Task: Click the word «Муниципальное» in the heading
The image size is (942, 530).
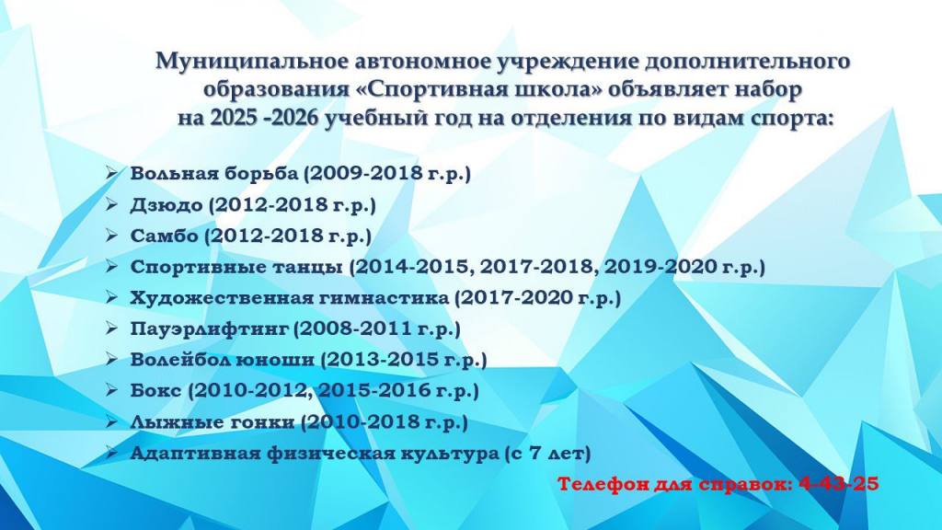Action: click(x=252, y=62)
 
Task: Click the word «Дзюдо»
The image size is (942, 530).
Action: click(x=167, y=205)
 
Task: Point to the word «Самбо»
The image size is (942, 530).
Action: click(x=164, y=236)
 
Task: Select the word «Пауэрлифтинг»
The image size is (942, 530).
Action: click(x=210, y=328)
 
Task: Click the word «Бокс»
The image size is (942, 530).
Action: click(x=155, y=390)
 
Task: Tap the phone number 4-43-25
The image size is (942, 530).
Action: click(x=839, y=483)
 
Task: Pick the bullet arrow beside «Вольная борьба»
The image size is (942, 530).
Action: click(x=111, y=173)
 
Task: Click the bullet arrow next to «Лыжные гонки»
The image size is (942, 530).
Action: click(x=111, y=421)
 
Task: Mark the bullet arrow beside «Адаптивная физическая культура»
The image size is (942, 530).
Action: click(x=111, y=453)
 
